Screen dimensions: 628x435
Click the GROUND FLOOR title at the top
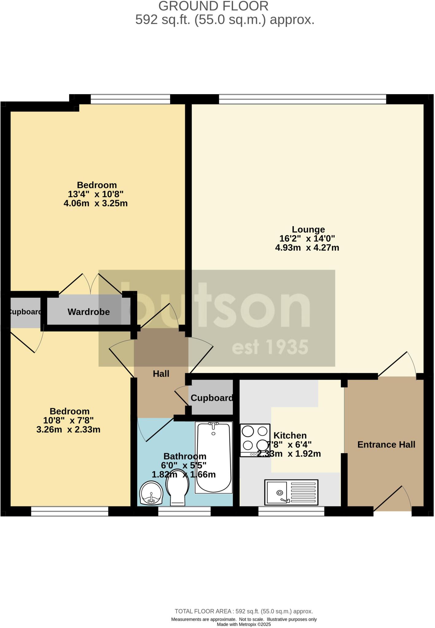point(213,6)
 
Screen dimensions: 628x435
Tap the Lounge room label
point(308,229)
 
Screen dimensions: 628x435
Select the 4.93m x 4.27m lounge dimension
point(307,248)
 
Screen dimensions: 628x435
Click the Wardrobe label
point(89,312)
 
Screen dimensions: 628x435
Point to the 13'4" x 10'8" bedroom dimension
point(95,194)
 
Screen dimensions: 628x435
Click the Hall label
point(161,373)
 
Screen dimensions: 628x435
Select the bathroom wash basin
point(151,493)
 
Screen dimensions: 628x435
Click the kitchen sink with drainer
point(291,492)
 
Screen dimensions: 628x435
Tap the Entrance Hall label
point(386,445)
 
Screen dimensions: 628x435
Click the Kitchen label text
point(290,435)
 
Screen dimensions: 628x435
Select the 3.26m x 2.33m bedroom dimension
point(68,430)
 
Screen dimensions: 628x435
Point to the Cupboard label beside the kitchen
point(212,398)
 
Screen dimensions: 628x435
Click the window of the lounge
point(302,99)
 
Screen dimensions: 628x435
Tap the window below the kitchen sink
point(291,511)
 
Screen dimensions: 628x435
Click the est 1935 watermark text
point(270,347)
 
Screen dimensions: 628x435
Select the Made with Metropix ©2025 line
point(244,624)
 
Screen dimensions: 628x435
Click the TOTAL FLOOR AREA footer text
point(244,611)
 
